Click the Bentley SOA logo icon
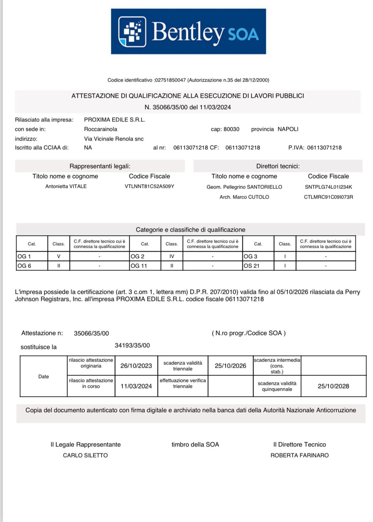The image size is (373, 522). (x=132, y=32)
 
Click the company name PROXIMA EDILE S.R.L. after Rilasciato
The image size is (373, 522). (x=115, y=120)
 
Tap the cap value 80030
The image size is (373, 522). (x=231, y=129)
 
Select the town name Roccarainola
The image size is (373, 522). (x=101, y=129)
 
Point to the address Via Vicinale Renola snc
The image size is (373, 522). (x=114, y=139)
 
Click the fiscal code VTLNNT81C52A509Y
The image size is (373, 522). (x=149, y=186)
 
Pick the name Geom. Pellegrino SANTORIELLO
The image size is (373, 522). (x=244, y=187)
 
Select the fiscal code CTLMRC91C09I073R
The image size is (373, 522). (x=328, y=197)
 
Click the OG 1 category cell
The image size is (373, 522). (x=32, y=256)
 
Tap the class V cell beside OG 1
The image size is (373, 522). (x=59, y=256)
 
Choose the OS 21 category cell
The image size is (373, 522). (x=258, y=266)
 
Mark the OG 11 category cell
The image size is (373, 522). (x=145, y=266)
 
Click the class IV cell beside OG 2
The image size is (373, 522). (x=172, y=256)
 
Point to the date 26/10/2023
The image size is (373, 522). (x=136, y=366)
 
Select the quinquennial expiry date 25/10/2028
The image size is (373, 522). (x=333, y=386)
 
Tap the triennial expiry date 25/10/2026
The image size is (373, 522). (x=230, y=366)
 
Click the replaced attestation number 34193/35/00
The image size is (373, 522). (x=132, y=345)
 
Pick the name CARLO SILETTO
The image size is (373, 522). (x=85, y=455)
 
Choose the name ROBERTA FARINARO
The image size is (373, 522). (x=299, y=455)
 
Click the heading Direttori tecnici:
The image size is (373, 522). (x=278, y=166)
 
